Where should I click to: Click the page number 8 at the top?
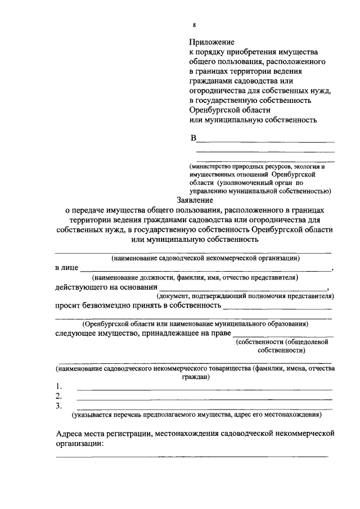point(194,25)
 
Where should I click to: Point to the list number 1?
point(58,386)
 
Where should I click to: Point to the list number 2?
point(58,397)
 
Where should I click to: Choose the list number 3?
point(58,406)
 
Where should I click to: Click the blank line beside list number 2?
point(204,399)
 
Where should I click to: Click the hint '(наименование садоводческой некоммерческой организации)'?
point(205,259)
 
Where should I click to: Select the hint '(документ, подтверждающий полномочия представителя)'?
point(245,295)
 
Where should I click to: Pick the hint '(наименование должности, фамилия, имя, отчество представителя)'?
point(195,277)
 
